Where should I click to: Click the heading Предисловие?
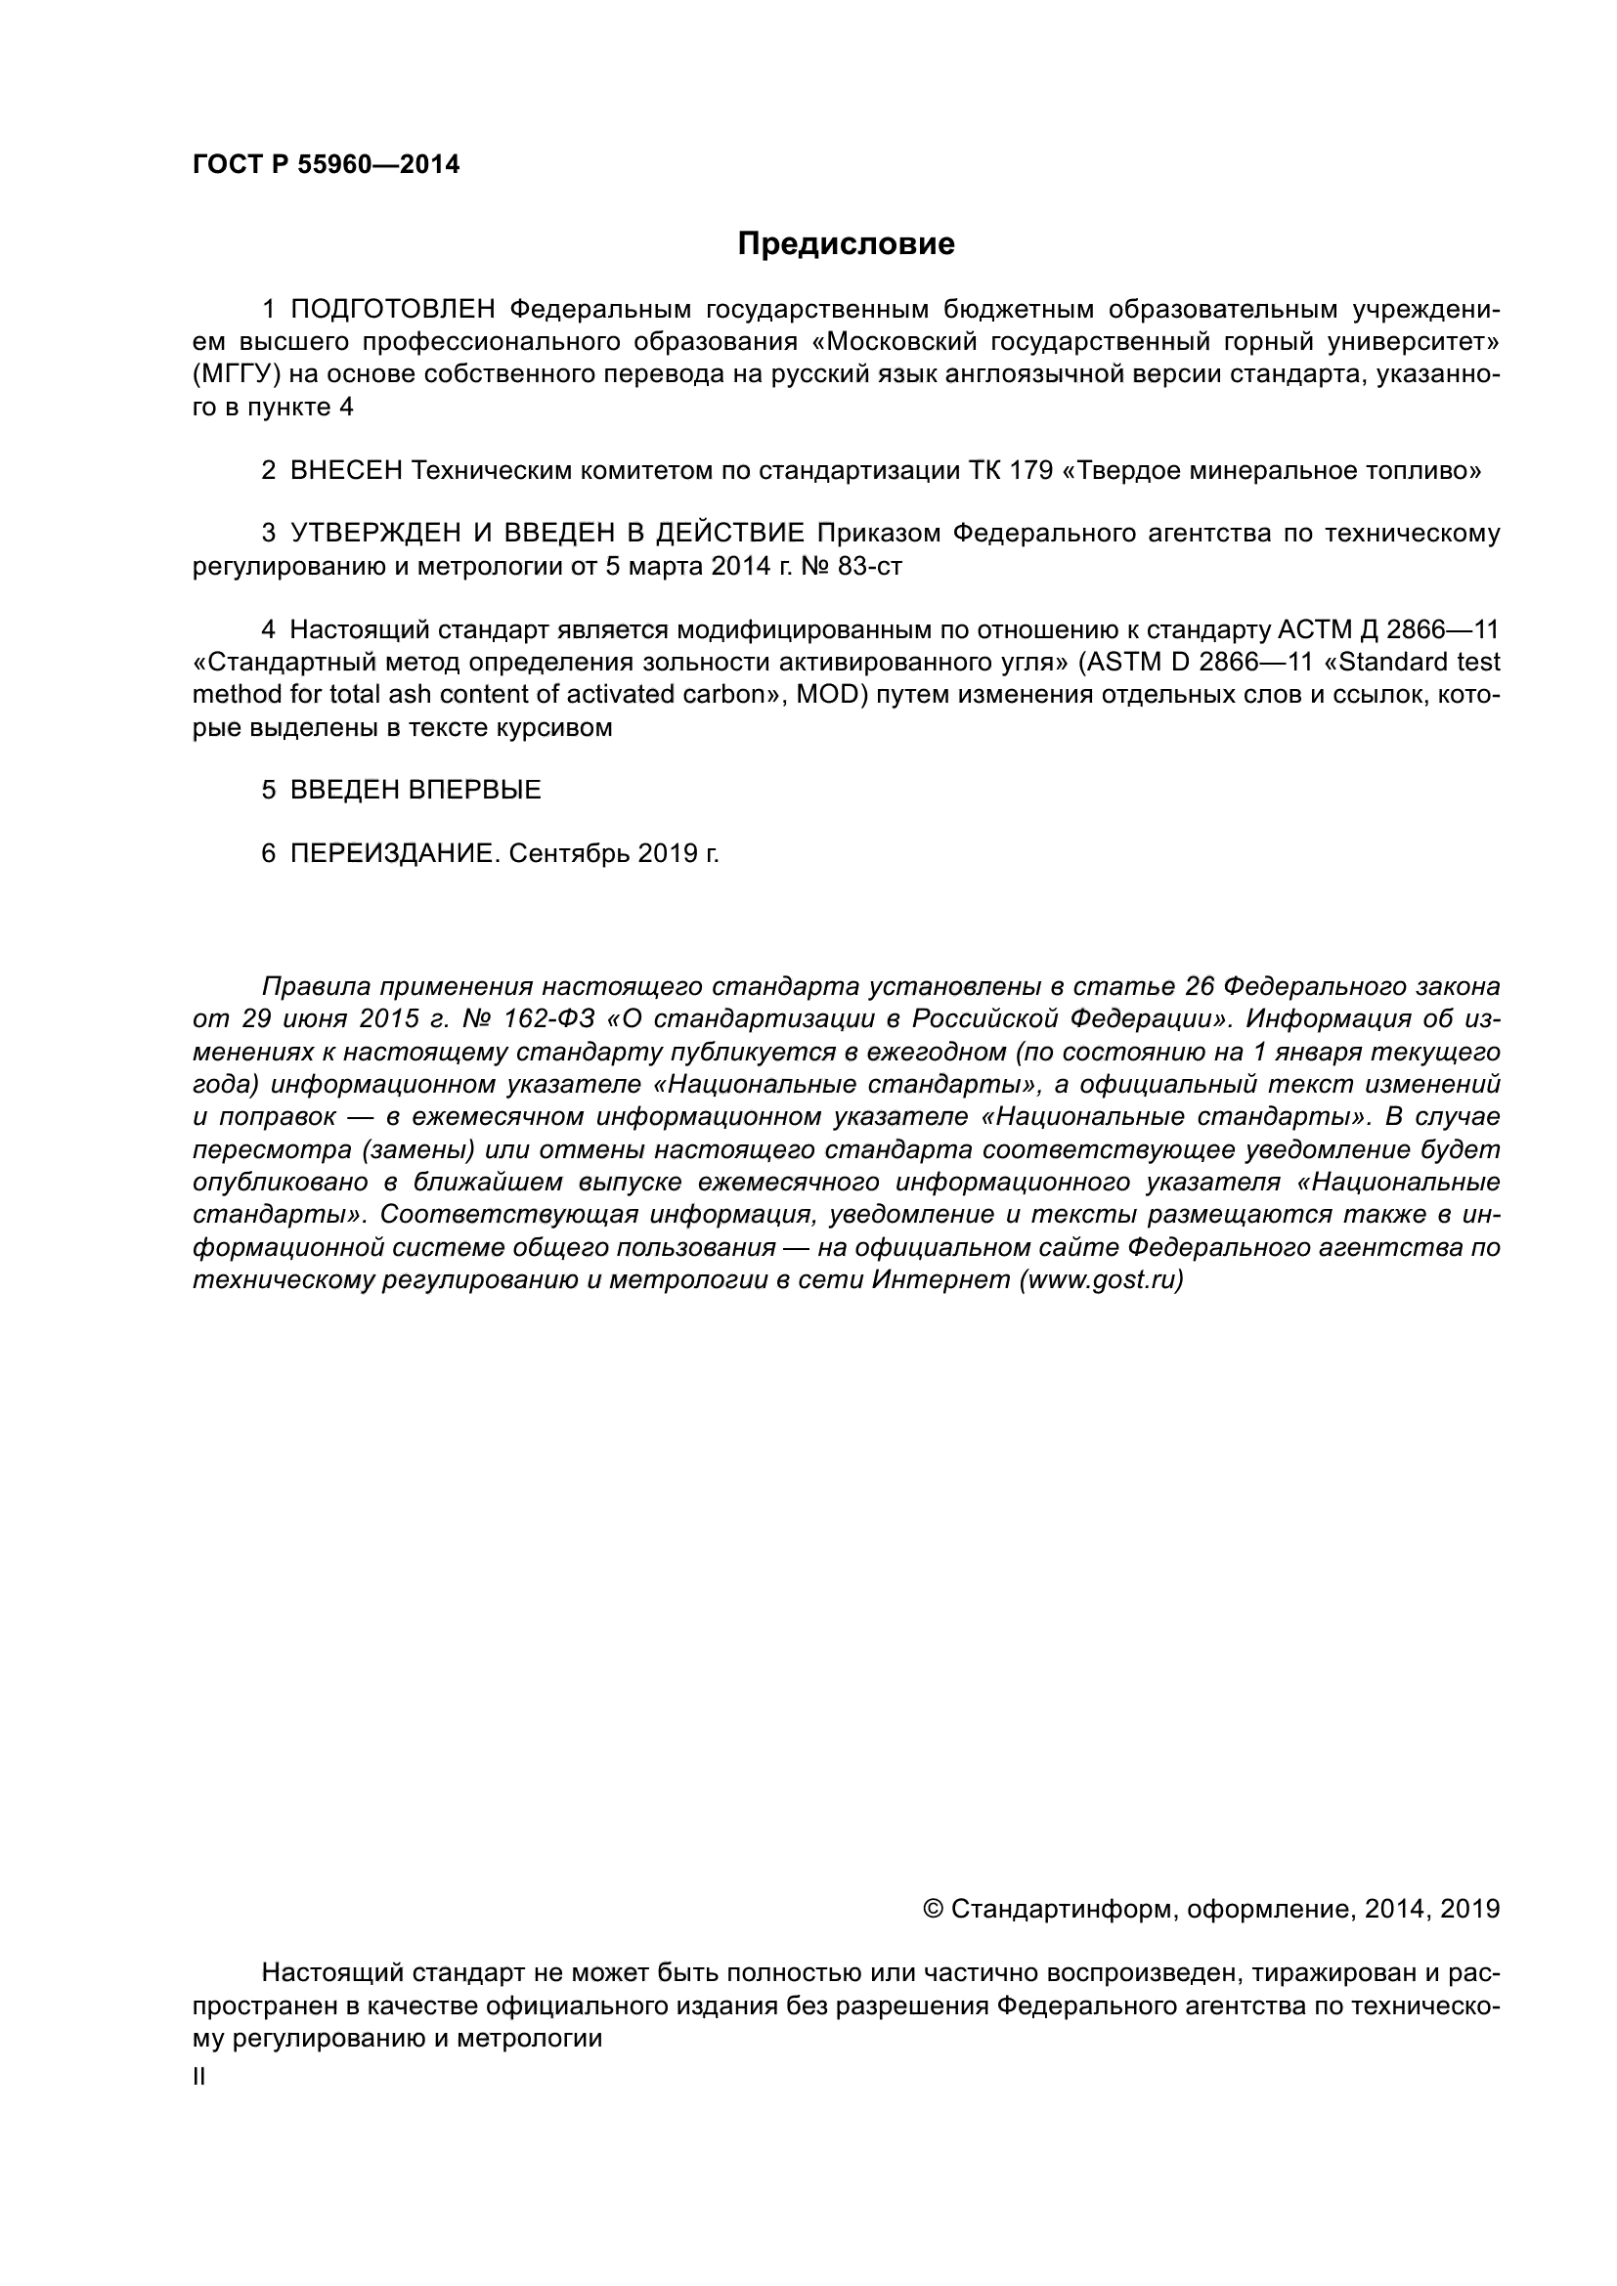pos(846,244)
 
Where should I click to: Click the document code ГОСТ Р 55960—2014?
pos(326,165)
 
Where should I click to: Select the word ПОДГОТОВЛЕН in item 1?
pos(392,310)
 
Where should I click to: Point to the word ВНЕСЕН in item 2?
pos(346,470)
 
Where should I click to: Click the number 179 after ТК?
pos(1031,470)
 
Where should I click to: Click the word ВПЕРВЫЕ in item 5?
pos(475,790)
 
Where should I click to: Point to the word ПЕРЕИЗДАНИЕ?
pos(391,853)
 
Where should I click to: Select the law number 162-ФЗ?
pos(548,1019)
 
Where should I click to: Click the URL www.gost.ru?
pos(1101,1279)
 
